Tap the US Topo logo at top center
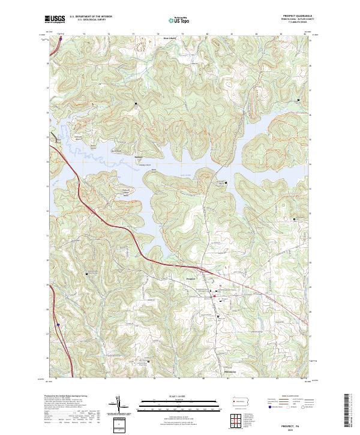tap(179, 20)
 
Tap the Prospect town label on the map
tap(192, 278)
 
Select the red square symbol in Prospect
tap(215, 296)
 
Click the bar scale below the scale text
tap(179, 405)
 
